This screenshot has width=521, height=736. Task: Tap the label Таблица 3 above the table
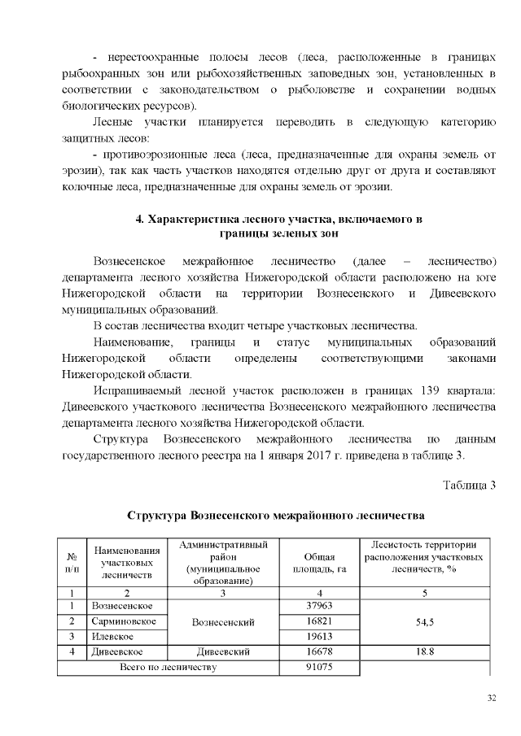click(469, 486)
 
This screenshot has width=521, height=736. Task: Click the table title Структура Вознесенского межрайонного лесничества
click(276, 516)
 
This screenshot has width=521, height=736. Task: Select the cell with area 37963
click(319, 606)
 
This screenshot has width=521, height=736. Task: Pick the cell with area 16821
click(319, 621)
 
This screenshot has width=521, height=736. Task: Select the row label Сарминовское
click(120, 621)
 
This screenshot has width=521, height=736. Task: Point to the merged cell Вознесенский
click(222, 621)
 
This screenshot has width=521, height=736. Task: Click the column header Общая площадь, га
click(319, 562)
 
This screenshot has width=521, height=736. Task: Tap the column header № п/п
click(71, 562)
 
